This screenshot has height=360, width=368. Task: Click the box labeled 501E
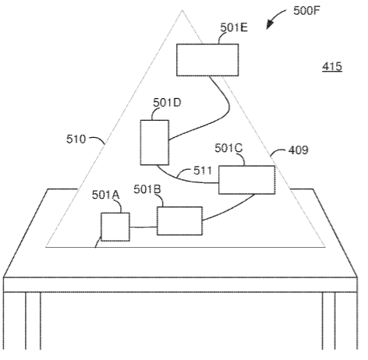[x=207, y=60]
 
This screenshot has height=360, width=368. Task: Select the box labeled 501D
[x=154, y=143]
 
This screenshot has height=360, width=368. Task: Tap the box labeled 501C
[x=246, y=180]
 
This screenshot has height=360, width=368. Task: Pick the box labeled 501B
[x=179, y=221]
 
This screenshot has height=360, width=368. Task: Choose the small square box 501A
[x=115, y=227]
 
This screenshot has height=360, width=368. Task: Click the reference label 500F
[x=306, y=11]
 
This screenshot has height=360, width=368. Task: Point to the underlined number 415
[x=332, y=67]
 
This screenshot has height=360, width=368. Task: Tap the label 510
[x=76, y=139]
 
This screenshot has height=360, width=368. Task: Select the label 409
[x=299, y=150]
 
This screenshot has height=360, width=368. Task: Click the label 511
[x=203, y=171]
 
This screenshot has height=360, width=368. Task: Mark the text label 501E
[x=234, y=27]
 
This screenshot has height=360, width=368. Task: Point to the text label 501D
[x=167, y=103]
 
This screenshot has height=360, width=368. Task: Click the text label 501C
[x=228, y=148]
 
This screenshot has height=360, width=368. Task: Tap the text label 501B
[x=147, y=189]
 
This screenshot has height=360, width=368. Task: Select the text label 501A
[x=105, y=195]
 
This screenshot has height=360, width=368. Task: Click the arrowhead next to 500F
[x=269, y=25]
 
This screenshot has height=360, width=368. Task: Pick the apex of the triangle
[x=182, y=10]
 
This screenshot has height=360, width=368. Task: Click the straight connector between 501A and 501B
[x=143, y=228]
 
